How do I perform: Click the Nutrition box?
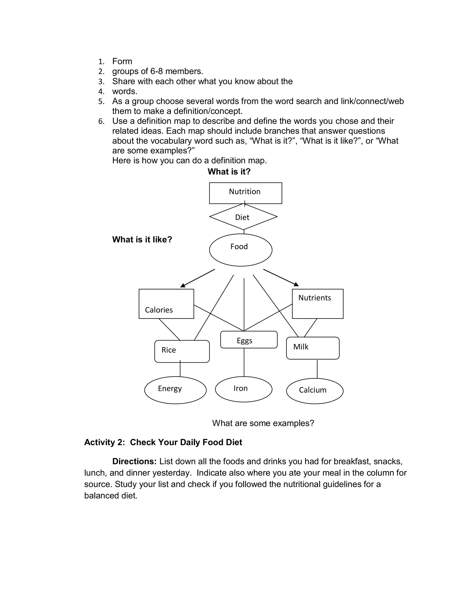pyautogui.click(x=245, y=193)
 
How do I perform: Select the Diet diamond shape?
pyautogui.click(x=243, y=217)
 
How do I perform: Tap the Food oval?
pyautogui.click(x=241, y=250)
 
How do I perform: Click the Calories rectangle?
pyautogui.click(x=166, y=304)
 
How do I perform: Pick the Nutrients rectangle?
pyautogui.click(x=317, y=304)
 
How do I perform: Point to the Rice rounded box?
pyautogui.click(x=182, y=351)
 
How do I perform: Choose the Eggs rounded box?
pyautogui.click(x=249, y=340)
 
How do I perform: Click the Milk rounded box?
pyautogui.click(x=312, y=348)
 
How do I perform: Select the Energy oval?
pyautogui.click(x=175, y=390)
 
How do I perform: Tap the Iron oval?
pyautogui.click(x=243, y=389)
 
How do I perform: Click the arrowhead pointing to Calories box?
pyautogui.click(x=183, y=286)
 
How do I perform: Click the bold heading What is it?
pyautogui.click(x=229, y=172)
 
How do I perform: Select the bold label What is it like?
pyautogui.click(x=142, y=239)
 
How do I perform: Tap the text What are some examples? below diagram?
pyautogui.click(x=263, y=423)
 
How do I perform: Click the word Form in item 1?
pyautogui.click(x=122, y=61)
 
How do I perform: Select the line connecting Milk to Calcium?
pyautogui.click(x=317, y=369)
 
